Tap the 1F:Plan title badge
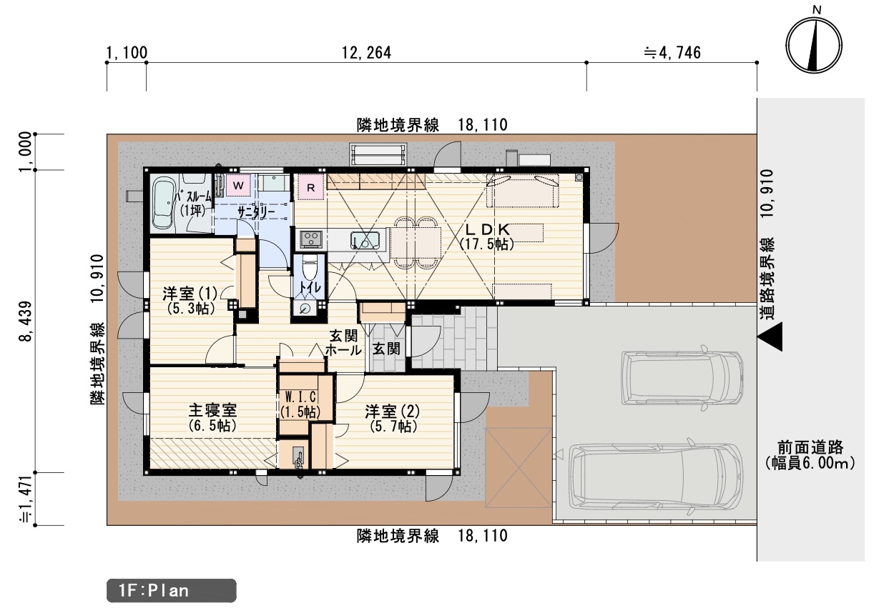pos(171,591)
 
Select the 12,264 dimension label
pos(366,53)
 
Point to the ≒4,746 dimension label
pos(672,53)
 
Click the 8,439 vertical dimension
pos(26,322)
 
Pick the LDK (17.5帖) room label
pos(487,236)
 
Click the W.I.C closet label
pos(300,396)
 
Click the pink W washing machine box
pos(238,185)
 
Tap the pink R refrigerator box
pos(310,187)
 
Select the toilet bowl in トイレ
pos(310,268)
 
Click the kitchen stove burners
pos(311,239)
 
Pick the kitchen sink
pos(365,239)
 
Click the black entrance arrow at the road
pos(770,337)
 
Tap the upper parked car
pos(682,379)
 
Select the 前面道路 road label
pos(810,448)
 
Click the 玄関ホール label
pos(343,343)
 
